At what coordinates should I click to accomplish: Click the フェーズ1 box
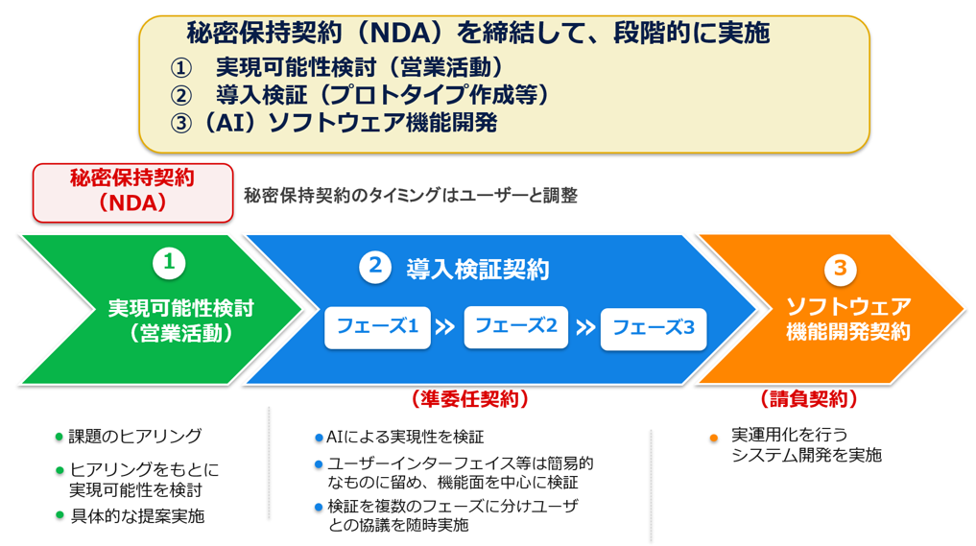click(x=377, y=327)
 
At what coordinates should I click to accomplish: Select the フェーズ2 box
click(x=516, y=326)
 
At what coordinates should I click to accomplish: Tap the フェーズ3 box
click(x=654, y=329)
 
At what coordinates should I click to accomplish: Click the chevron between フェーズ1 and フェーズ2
click(x=445, y=327)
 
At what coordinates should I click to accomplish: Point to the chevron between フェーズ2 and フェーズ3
click(x=585, y=327)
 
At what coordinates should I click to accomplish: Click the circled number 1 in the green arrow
click(x=169, y=263)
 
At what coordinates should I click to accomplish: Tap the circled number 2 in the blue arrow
click(x=374, y=267)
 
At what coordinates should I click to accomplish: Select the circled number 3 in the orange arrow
click(x=841, y=269)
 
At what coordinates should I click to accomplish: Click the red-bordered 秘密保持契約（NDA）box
click(x=132, y=193)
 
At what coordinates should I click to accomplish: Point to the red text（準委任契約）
click(x=470, y=399)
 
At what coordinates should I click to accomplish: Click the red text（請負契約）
click(x=809, y=399)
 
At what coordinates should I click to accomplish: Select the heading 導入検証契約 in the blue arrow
click(x=477, y=270)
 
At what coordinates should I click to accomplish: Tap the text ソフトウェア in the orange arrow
click(x=848, y=306)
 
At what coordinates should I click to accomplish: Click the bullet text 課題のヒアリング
click(x=135, y=436)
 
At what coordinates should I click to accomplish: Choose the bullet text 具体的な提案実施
click(x=137, y=516)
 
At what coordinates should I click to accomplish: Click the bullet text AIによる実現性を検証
click(x=405, y=437)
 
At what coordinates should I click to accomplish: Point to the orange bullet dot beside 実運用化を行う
click(x=714, y=439)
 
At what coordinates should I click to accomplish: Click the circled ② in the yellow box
click(x=180, y=95)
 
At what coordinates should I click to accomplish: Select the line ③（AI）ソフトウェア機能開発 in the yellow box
click(x=334, y=123)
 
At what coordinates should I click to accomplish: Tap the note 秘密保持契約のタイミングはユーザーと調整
click(x=411, y=196)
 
